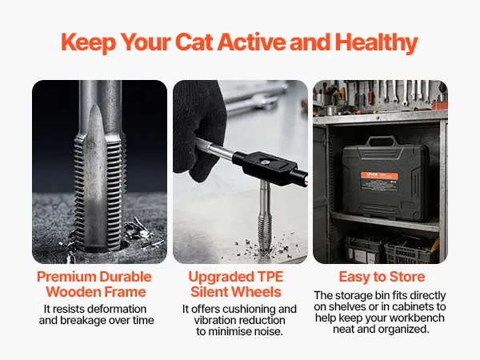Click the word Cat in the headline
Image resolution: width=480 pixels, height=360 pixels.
[194, 42]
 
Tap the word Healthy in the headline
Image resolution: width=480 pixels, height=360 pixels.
[377, 43]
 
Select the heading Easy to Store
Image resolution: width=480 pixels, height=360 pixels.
[382, 277]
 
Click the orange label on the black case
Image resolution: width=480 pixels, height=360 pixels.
[379, 176]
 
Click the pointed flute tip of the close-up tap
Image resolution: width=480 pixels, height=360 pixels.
[95, 106]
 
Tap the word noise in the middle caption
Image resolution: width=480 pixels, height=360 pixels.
[269, 331]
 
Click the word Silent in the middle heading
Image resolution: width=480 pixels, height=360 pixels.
[209, 292]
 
